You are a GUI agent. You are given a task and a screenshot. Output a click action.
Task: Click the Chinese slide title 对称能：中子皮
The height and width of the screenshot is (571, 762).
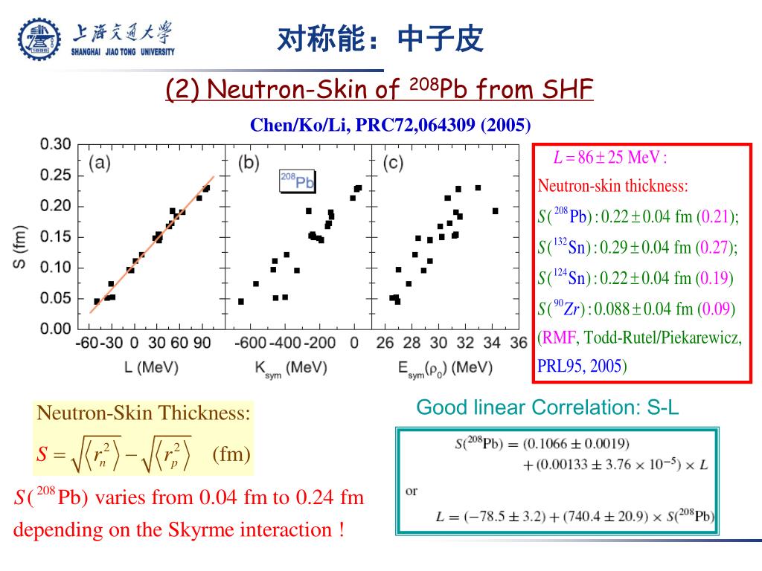tap(380, 39)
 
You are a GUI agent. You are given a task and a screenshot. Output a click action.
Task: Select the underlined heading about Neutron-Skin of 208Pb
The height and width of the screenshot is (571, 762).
tap(379, 89)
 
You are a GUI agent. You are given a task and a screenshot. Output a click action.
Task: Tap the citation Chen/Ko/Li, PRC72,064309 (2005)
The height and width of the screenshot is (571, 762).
tap(391, 124)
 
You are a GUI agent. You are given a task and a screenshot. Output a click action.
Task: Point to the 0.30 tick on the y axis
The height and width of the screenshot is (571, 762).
tap(56, 144)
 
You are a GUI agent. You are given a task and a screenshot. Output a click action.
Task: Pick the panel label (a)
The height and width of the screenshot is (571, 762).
tap(100, 164)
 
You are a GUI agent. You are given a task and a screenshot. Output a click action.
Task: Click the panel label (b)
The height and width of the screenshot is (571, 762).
tap(246, 164)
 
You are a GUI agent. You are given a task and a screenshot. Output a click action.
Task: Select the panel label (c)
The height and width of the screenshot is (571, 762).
tap(392, 164)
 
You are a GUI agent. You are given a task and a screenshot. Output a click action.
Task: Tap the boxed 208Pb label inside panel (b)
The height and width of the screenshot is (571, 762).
tap(297, 181)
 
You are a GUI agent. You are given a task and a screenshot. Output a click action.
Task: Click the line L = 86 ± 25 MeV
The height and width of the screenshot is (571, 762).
tap(609, 158)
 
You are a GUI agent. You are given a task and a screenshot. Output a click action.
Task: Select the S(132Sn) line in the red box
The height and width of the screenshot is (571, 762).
tap(638, 247)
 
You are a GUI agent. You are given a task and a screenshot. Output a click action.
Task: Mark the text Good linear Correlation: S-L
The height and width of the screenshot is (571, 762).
tap(548, 407)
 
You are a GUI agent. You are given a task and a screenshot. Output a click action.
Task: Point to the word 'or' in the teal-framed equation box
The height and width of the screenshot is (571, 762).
tap(412, 491)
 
